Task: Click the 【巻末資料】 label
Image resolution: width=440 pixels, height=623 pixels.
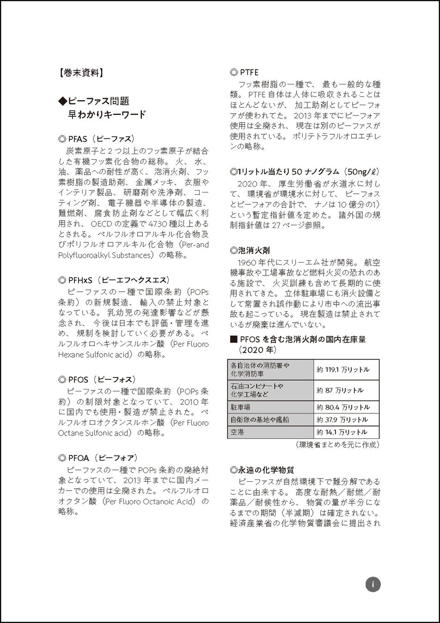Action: point(81,72)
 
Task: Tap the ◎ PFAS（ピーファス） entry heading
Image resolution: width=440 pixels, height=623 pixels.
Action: point(97,138)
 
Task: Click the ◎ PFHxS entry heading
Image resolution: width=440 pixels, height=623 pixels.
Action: point(114,280)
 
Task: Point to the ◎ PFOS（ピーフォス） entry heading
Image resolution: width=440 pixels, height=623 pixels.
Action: point(98,379)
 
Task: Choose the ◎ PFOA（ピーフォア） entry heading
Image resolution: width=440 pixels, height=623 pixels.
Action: point(98,458)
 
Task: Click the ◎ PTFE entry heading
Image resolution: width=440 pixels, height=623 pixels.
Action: point(244,72)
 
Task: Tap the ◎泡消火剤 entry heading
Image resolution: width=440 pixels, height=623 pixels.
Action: point(250,251)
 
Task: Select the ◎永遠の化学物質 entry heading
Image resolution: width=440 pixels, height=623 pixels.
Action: point(262,470)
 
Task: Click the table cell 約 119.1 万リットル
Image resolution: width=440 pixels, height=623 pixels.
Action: point(343,370)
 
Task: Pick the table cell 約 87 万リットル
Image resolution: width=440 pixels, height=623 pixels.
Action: point(340,390)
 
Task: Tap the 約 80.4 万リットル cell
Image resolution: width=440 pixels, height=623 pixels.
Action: point(343,407)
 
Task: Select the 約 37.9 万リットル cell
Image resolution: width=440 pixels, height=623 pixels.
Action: point(342,420)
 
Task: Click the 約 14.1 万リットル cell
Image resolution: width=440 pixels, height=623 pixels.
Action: point(342,432)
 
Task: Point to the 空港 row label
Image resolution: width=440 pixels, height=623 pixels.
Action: point(238,432)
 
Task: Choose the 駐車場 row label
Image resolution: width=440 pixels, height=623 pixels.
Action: point(240,407)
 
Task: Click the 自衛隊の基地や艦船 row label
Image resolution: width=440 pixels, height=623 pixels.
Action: point(260,420)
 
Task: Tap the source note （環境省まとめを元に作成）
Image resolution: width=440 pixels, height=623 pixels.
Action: point(337,445)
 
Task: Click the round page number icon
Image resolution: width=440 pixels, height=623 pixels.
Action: point(373,585)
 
